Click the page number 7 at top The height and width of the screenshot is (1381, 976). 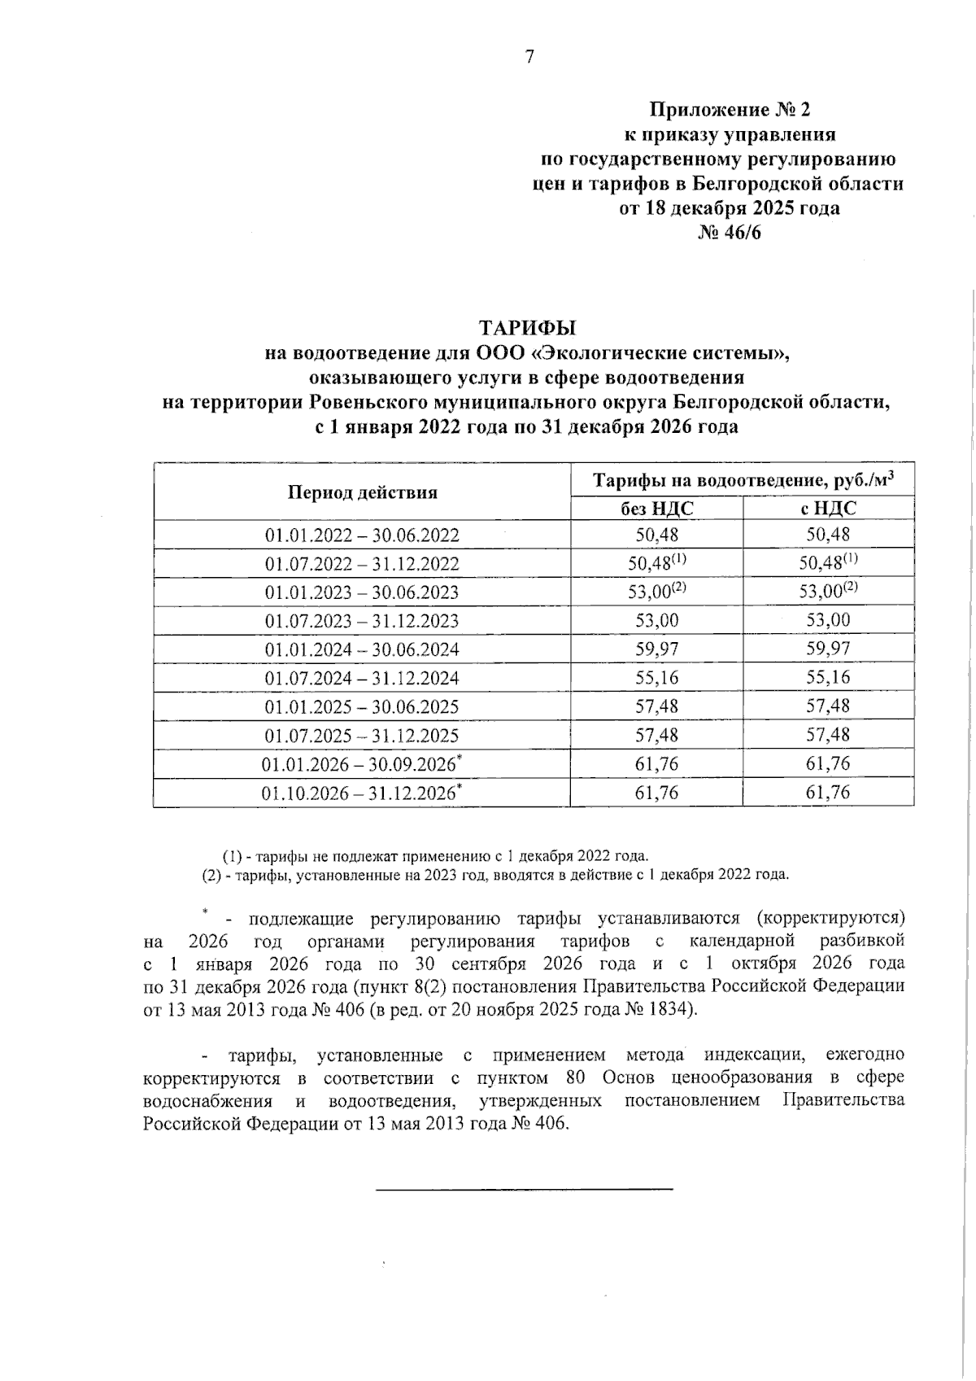[x=529, y=56]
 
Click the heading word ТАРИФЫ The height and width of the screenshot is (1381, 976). [x=526, y=328]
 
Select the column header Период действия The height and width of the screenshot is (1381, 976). [x=362, y=492]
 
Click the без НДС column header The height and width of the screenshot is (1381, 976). [x=656, y=509]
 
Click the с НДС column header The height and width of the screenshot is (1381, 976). [x=827, y=509]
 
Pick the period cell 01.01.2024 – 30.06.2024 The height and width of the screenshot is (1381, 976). [x=362, y=649]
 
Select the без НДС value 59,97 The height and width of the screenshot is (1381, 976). [x=656, y=649]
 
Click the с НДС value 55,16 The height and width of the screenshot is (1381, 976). [x=827, y=678]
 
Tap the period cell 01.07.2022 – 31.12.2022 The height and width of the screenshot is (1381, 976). [x=362, y=564]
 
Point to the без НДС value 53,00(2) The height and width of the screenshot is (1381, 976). [x=656, y=592]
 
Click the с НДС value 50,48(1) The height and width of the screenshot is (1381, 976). [x=827, y=563]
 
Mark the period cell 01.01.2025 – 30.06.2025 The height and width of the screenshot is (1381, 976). [x=362, y=706]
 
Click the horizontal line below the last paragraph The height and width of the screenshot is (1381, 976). [x=525, y=1190]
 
